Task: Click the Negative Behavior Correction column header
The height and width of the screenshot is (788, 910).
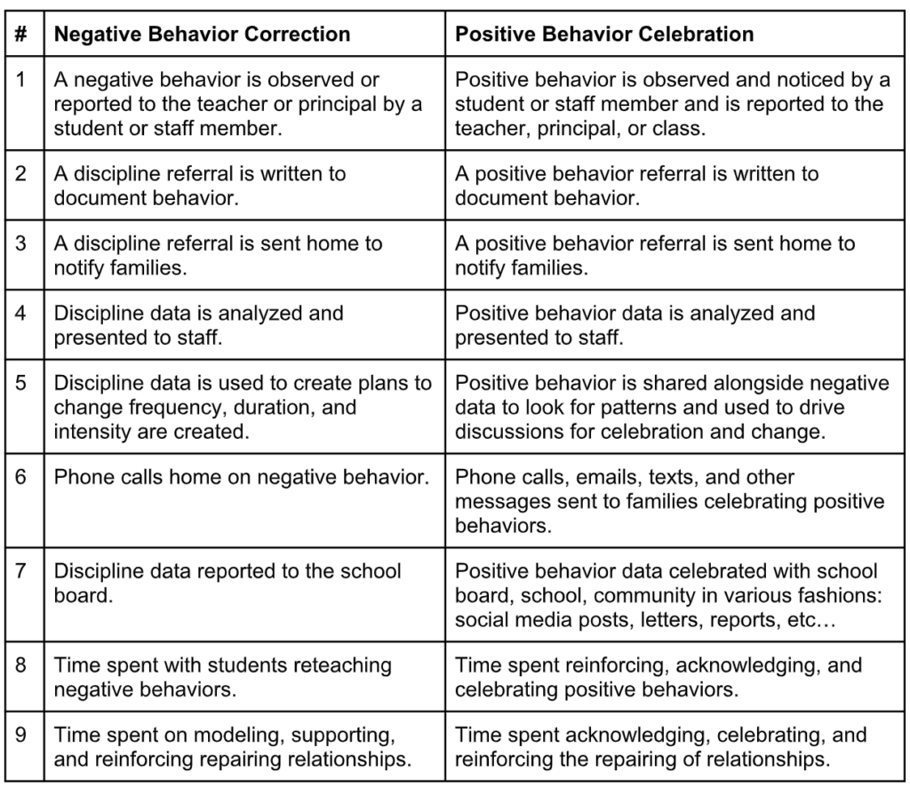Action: click(202, 35)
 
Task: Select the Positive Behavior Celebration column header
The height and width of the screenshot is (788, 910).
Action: click(604, 35)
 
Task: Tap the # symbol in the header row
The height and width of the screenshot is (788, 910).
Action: click(21, 35)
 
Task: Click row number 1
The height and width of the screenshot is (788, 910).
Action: click(21, 80)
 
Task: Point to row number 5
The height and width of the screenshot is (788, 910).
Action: click(21, 383)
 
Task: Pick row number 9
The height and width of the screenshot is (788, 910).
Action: click(21, 735)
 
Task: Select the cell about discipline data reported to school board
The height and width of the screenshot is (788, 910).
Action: click(227, 583)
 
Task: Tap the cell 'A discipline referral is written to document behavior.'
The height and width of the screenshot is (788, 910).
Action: click(200, 185)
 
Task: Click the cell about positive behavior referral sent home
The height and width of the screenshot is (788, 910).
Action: click(655, 255)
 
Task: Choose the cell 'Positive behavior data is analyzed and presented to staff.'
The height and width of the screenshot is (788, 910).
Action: click(635, 325)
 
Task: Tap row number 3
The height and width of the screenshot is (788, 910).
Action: click(21, 243)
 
